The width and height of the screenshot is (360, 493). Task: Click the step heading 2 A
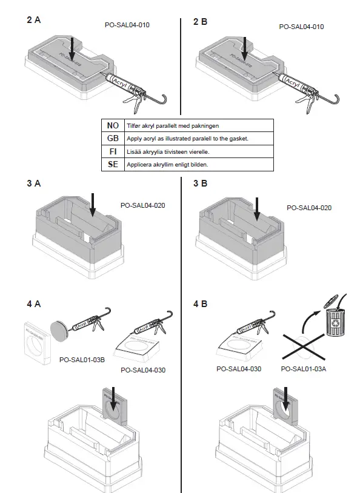[34, 21]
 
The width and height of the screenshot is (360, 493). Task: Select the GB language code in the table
[112, 138]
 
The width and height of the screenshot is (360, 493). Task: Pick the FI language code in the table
[112, 151]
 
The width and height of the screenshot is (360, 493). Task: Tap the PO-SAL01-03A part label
[302, 368]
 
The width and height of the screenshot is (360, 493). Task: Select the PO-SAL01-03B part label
[82, 359]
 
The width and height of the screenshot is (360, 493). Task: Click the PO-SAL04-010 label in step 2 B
[301, 27]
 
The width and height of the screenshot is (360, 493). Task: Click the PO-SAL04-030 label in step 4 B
[239, 368]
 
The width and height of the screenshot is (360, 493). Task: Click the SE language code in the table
[112, 164]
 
